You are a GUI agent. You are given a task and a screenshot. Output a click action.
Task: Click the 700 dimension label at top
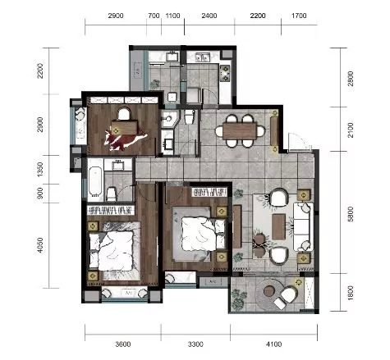click(154, 16)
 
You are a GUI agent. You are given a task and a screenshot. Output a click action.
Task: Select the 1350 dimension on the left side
click(40, 170)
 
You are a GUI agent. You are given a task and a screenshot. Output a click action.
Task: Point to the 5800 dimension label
click(350, 214)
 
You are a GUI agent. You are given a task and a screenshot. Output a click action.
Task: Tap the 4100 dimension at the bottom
click(273, 344)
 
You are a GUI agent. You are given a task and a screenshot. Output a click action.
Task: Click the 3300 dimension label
click(195, 344)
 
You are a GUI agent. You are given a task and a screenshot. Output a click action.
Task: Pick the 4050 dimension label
click(40, 245)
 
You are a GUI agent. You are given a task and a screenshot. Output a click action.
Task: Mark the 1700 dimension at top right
click(299, 16)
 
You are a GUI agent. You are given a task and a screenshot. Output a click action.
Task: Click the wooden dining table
click(240, 131)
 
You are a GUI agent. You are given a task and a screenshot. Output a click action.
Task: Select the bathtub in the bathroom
click(95, 181)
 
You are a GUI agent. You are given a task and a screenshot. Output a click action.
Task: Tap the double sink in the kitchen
click(202, 57)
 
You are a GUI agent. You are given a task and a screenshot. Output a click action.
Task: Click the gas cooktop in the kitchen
click(225, 73)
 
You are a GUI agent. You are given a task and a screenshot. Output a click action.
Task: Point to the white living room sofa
click(303, 226)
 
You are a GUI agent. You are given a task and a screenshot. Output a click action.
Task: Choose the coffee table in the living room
click(278, 226)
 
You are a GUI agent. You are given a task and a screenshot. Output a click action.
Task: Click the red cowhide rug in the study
click(125, 139)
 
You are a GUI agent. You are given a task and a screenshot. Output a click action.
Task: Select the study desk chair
click(124, 114)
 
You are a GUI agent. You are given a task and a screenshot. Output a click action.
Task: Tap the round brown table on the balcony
click(269, 291)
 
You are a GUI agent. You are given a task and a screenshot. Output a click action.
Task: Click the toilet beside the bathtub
click(111, 194)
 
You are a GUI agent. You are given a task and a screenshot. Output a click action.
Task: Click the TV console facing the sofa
click(237, 226)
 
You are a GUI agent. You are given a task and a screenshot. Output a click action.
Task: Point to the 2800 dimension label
click(350, 79)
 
